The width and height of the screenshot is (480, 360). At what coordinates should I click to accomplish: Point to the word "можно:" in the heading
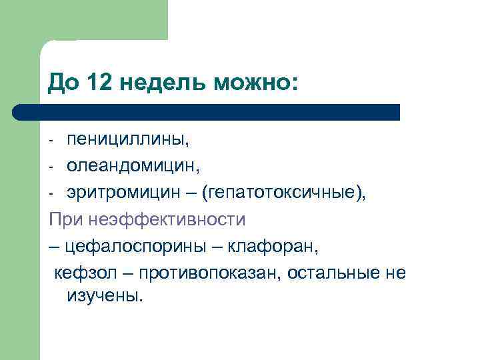pyautogui.click(x=255, y=83)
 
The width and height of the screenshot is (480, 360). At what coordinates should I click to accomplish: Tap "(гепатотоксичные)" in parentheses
pyautogui.click(x=287, y=193)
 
